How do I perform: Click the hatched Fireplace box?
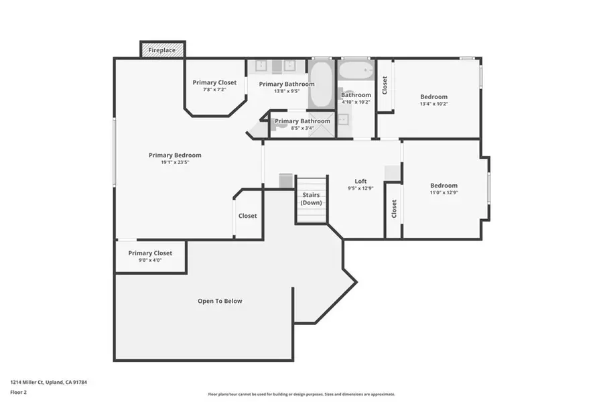161,50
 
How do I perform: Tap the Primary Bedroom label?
175,155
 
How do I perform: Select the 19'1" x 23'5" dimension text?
175,162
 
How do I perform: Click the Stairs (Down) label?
311,198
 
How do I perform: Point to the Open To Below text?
220,301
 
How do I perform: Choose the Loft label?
360,182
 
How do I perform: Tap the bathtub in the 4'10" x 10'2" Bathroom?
355,70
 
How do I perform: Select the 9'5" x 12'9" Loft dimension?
360,189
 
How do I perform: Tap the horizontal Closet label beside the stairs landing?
248,216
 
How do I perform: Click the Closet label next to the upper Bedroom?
385,84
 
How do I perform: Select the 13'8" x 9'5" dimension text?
286,91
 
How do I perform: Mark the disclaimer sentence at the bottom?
301,394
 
